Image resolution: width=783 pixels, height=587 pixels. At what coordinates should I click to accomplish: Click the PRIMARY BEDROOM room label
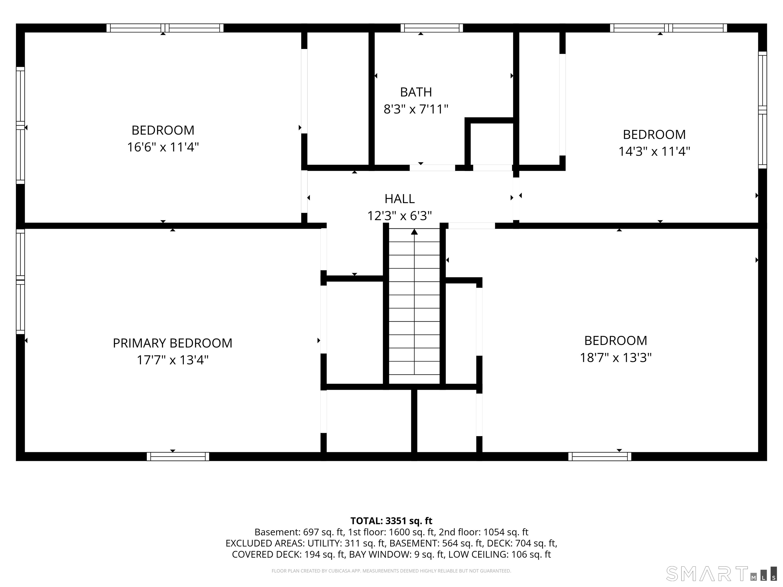click(172, 343)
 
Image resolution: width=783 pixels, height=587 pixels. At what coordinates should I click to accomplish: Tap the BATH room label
click(416, 92)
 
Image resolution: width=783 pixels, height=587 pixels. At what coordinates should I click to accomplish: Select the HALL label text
click(400, 199)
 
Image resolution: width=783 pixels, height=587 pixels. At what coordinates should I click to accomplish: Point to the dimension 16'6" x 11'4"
click(163, 147)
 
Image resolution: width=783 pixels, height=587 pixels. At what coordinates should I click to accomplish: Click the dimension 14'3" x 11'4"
click(654, 151)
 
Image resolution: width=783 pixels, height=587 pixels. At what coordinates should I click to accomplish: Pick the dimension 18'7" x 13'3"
click(616, 357)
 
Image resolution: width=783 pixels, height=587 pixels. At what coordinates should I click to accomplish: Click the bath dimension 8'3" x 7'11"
click(416, 109)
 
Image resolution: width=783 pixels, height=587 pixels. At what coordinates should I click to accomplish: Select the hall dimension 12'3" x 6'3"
click(400, 216)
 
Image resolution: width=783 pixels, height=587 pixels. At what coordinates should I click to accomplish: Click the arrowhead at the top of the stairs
click(414, 232)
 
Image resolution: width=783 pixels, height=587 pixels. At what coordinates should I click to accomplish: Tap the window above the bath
click(432, 28)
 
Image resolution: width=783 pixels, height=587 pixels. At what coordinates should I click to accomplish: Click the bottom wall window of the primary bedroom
click(178, 457)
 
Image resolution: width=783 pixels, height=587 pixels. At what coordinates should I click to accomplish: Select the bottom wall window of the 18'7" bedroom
click(600, 457)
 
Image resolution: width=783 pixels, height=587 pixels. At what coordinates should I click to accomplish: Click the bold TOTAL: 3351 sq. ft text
click(391, 521)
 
